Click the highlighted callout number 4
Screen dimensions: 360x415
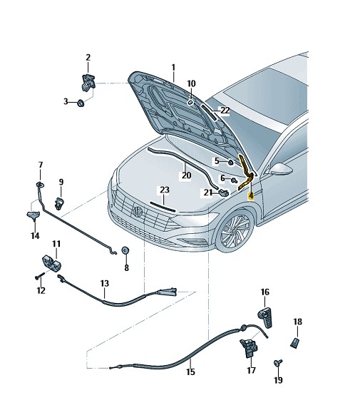(x=250, y=196)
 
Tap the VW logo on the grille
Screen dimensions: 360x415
(x=138, y=212)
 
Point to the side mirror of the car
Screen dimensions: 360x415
(x=281, y=169)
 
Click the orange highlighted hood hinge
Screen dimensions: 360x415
(x=246, y=173)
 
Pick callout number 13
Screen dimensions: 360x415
(x=105, y=284)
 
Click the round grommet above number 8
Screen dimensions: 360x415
(x=125, y=250)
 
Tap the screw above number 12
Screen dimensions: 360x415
(x=39, y=275)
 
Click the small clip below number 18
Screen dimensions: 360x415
(x=295, y=343)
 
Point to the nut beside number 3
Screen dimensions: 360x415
(x=81, y=103)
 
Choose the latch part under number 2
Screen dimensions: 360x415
(x=88, y=83)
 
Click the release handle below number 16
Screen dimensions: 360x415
(x=266, y=317)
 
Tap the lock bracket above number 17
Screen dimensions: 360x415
(x=248, y=348)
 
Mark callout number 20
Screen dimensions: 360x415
(x=186, y=175)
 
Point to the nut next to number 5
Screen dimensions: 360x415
(x=230, y=163)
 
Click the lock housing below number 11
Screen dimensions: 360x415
(x=52, y=263)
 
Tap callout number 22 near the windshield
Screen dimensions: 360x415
(x=225, y=110)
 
